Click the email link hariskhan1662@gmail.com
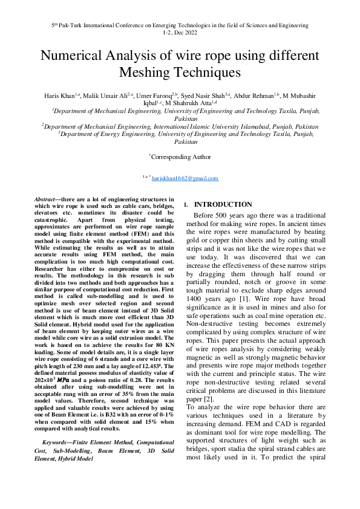185,178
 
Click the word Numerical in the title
77,56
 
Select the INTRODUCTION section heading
223,205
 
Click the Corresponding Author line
180,157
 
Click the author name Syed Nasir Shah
206,96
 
